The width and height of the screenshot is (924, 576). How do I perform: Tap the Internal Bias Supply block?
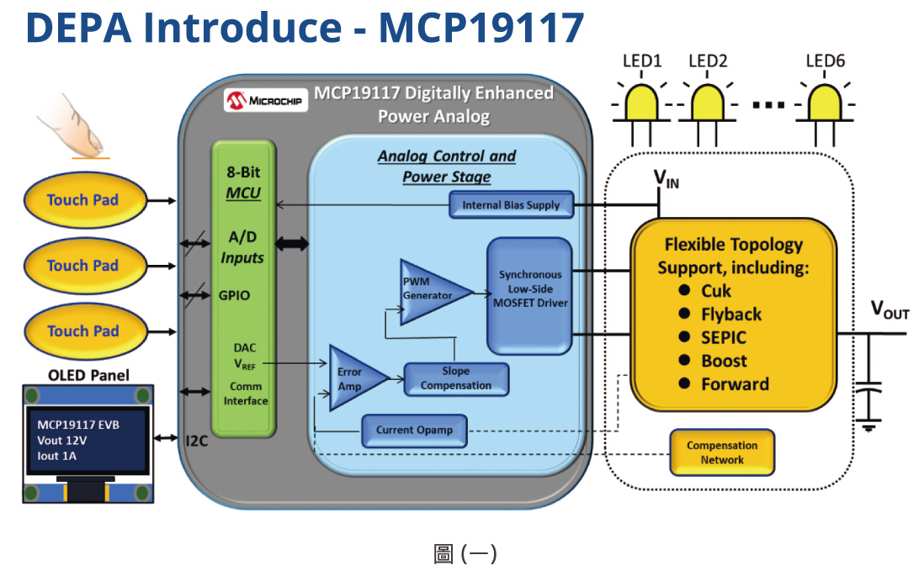pyautogui.click(x=510, y=204)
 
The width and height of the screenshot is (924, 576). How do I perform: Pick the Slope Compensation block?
pyautogui.click(x=456, y=378)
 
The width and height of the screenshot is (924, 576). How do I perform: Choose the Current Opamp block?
pyautogui.click(x=414, y=430)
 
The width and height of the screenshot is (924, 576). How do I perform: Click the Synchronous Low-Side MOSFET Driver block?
pyautogui.click(x=529, y=294)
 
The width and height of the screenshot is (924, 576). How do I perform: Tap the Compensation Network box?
pyautogui.click(x=721, y=452)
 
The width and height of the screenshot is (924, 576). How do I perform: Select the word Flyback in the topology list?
pyautogui.click(x=731, y=314)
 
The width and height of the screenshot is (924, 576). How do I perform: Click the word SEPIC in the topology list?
pyautogui.click(x=724, y=337)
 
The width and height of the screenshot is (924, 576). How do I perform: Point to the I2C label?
pyautogui.click(x=196, y=439)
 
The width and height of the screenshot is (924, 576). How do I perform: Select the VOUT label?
pyautogui.click(x=889, y=312)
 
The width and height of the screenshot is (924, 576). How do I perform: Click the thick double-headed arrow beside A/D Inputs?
pyautogui.click(x=293, y=244)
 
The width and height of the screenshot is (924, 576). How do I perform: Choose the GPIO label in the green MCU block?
pyautogui.click(x=235, y=296)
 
